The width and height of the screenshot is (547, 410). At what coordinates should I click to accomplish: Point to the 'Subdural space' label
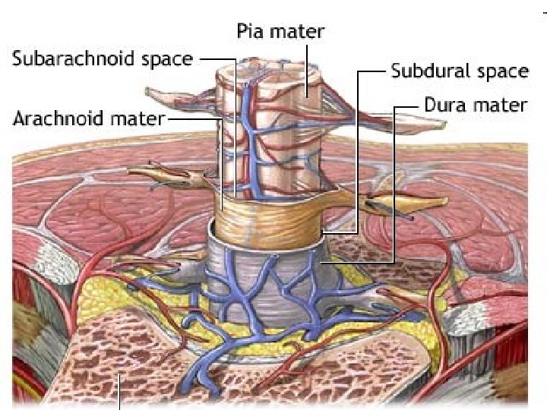[459, 71]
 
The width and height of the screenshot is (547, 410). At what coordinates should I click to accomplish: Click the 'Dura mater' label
[476, 105]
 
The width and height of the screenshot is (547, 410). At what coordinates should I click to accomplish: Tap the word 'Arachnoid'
[61, 119]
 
